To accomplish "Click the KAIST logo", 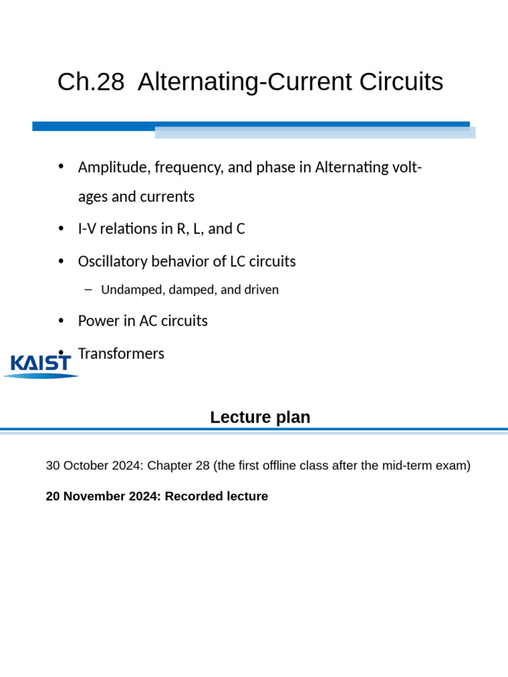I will [x=41, y=365].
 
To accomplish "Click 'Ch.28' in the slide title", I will [x=91, y=83].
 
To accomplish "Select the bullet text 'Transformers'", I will [x=121, y=354].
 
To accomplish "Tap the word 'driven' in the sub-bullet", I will [x=261, y=290].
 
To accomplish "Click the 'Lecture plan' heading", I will [x=260, y=417].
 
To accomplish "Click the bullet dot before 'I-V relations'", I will [x=62, y=229].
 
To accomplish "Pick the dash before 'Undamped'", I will [x=89, y=290].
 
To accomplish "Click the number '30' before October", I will [x=52, y=465].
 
